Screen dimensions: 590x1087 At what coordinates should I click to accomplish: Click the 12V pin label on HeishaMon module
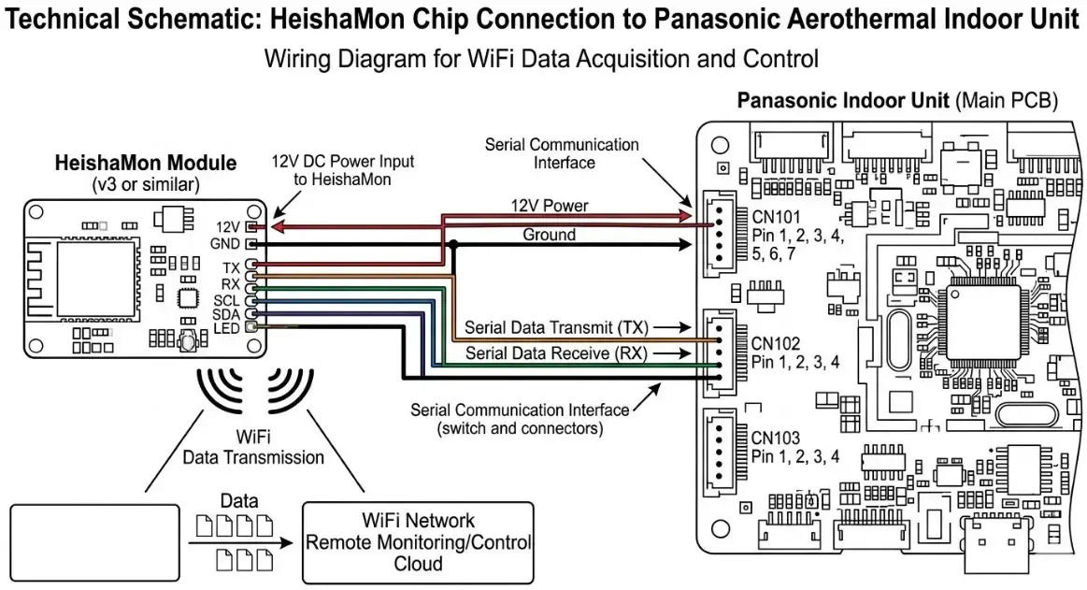pyautogui.click(x=228, y=226)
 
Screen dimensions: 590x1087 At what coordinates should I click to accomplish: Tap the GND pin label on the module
pyautogui.click(x=227, y=243)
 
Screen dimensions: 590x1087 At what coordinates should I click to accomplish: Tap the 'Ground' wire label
pyautogui.click(x=549, y=235)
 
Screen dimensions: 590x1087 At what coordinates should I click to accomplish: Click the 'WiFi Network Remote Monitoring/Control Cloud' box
pyautogui.click(x=418, y=542)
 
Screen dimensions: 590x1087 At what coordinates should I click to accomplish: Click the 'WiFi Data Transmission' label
pyautogui.click(x=253, y=448)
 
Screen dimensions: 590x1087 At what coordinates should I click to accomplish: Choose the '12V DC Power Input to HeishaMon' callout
pyautogui.click(x=343, y=169)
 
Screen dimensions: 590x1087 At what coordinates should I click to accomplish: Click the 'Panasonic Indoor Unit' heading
pyautogui.click(x=843, y=100)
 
